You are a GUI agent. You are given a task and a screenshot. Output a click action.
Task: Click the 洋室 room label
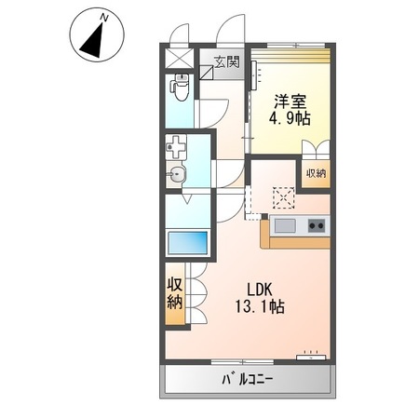(x=290, y=101)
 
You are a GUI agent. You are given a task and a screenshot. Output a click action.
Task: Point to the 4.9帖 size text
(x=290, y=119)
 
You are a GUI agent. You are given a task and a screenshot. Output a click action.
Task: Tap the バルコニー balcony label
(x=249, y=380)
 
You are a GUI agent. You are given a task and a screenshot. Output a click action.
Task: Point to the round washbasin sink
(x=177, y=174)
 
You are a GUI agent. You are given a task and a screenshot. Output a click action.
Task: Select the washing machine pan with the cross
(x=177, y=147)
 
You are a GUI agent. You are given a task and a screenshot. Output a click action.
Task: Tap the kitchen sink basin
(x=283, y=226)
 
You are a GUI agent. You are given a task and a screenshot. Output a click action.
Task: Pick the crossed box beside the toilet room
(x=178, y=56)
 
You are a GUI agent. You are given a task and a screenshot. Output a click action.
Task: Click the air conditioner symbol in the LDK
(x=308, y=355)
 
